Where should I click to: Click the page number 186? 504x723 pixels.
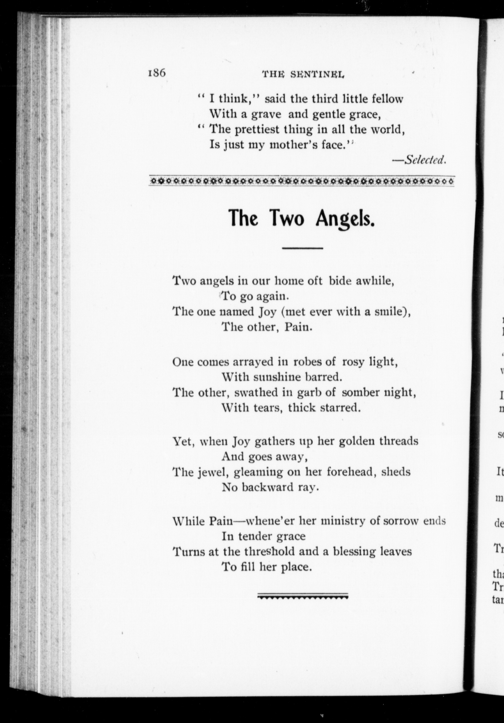156,73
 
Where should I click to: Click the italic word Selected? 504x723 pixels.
425,160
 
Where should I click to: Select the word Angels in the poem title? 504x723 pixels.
345,218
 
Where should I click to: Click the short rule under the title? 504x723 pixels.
303,248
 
